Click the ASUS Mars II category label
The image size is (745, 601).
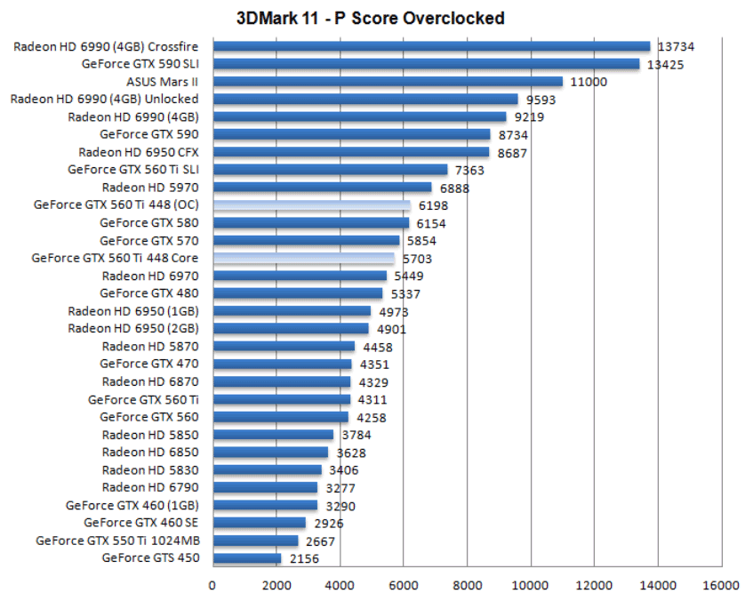(x=162, y=81)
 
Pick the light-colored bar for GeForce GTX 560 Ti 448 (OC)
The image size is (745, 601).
(x=311, y=204)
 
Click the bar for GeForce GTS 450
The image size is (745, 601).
(x=246, y=558)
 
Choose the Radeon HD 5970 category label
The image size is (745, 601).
(x=149, y=188)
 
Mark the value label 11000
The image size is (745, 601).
(x=589, y=82)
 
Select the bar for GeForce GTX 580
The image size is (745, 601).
(x=310, y=222)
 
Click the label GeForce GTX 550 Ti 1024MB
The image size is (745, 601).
(x=117, y=540)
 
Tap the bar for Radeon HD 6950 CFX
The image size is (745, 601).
(x=350, y=152)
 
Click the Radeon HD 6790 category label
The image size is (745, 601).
(x=149, y=487)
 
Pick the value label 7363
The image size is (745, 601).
(x=469, y=170)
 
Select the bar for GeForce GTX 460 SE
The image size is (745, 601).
(x=258, y=523)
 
